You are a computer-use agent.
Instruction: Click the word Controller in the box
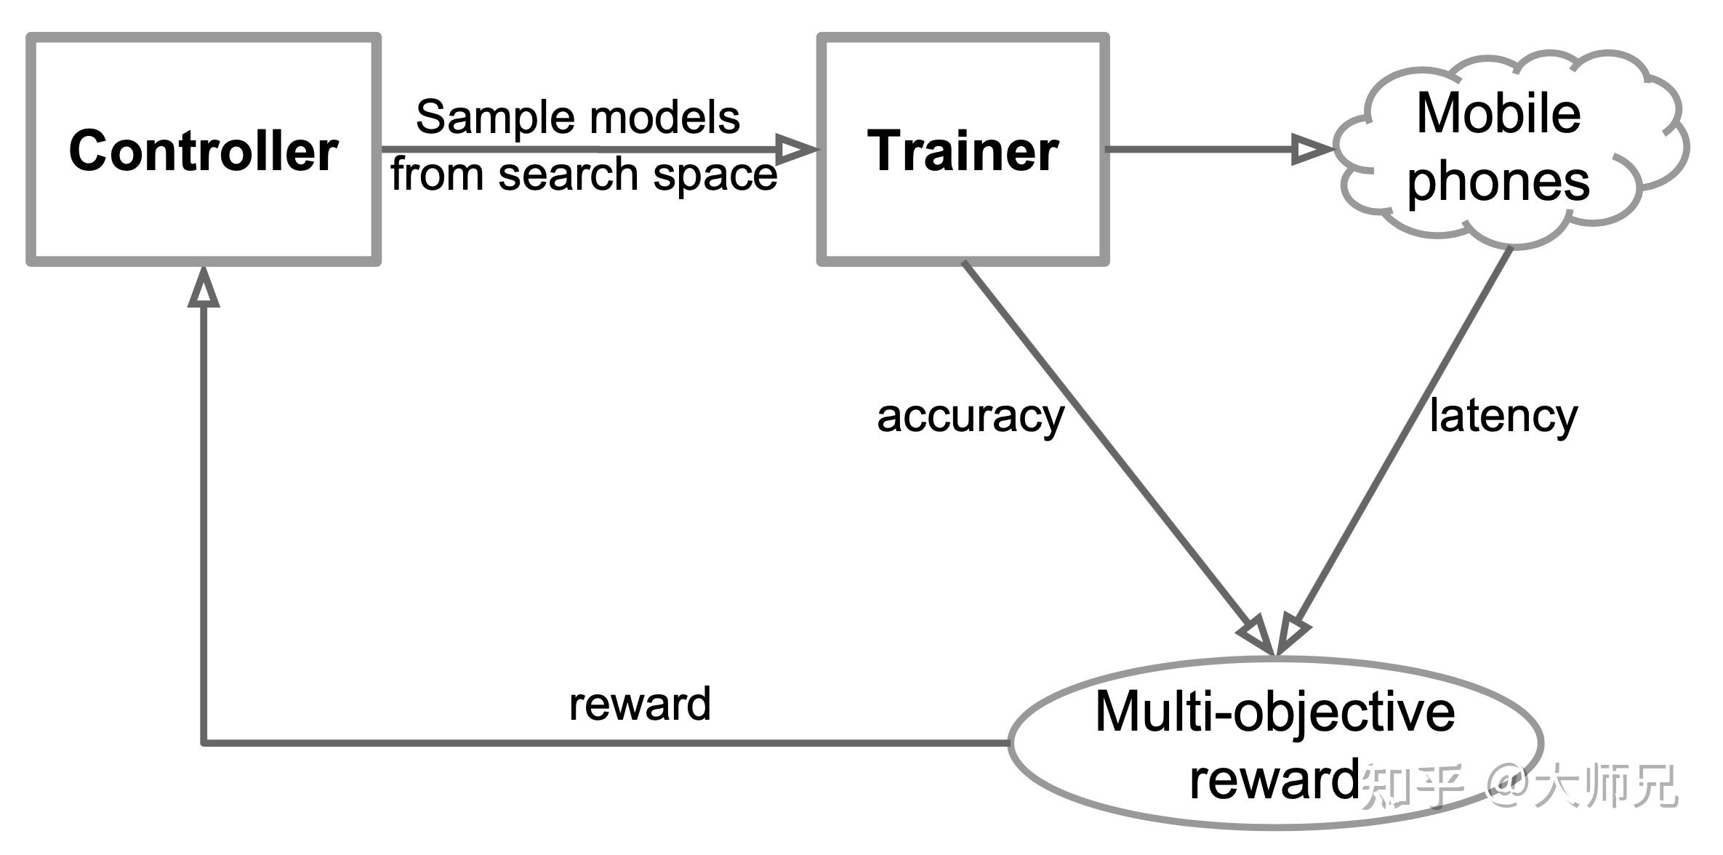[x=203, y=151]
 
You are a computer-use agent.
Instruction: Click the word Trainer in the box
[x=963, y=151]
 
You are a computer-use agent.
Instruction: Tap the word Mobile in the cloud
[x=1498, y=114]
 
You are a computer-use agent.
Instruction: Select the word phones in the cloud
[x=1498, y=182]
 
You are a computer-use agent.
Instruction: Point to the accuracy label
[x=971, y=417]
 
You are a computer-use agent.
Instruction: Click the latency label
[x=1503, y=416]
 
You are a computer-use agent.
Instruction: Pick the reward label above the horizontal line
[x=639, y=705]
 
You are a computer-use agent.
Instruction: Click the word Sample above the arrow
[x=486, y=118]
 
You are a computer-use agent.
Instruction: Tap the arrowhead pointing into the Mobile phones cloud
[x=1312, y=150]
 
